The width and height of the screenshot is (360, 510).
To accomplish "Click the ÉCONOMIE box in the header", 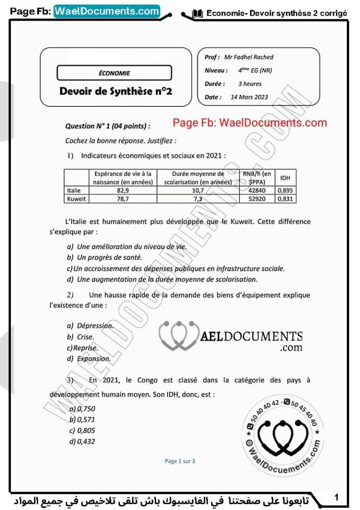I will tap(114, 73).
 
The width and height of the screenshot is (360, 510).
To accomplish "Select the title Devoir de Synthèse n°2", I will tap(116, 91).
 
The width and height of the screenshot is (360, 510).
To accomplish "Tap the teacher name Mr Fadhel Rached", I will tap(252, 57).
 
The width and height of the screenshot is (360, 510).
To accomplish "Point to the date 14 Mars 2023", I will tap(249, 97).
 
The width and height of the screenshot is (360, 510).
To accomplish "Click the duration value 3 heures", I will tap(250, 84).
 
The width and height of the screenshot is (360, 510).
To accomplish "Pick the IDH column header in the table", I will tap(285, 178).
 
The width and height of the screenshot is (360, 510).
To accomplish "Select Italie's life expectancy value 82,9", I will tap(123, 190).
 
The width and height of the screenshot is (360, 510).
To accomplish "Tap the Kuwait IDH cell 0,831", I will tap(285, 199).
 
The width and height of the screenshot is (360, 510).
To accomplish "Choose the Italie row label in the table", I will tap(75, 190).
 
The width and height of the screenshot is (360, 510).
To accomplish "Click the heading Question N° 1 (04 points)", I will tap(108, 126).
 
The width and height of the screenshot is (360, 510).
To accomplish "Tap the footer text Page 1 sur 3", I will tap(180, 461).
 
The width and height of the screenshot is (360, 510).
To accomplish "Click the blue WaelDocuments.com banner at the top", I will tap(107, 11).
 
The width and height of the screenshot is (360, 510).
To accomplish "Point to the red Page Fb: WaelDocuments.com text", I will tap(250, 123).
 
